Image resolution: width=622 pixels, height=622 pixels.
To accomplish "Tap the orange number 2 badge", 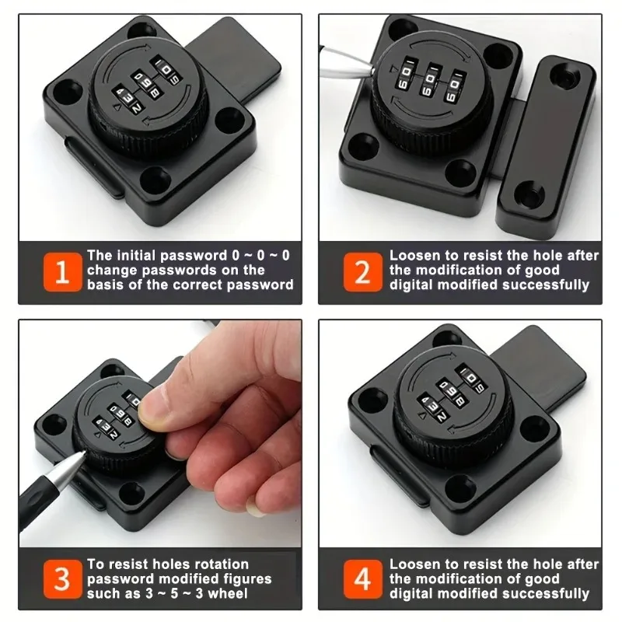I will [362, 272].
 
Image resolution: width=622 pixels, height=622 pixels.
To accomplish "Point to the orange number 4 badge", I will [362, 579].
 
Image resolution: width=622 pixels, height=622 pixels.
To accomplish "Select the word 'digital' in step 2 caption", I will [413, 285].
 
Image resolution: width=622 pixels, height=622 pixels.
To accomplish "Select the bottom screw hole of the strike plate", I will [531, 188].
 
